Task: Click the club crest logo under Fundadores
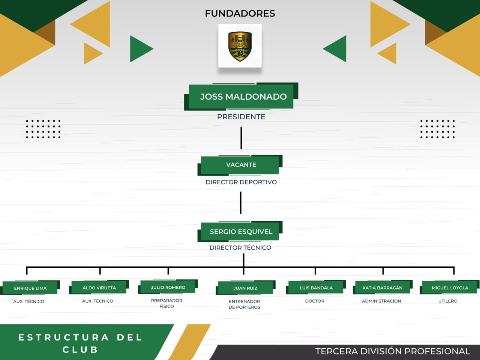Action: (x=240, y=46)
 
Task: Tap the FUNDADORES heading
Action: (x=240, y=13)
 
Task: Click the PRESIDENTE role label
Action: (x=241, y=117)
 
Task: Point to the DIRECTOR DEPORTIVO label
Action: (x=241, y=182)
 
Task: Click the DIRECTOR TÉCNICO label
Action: (x=240, y=247)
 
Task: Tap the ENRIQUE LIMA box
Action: (x=30, y=288)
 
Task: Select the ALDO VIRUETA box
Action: (x=99, y=288)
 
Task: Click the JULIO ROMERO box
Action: (x=168, y=287)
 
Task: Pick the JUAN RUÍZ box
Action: (x=245, y=288)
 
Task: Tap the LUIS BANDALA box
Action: (x=316, y=288)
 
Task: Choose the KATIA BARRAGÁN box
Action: (x=382, y=288)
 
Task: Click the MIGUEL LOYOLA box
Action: (x=450, y=288)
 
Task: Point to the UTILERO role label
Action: (x=448, y=301)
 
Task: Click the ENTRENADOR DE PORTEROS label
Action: (x=244, y=304)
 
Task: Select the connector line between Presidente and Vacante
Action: (x=241, y=138)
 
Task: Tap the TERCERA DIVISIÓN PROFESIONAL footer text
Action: (x=393, y=351)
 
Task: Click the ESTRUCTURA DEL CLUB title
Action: (x=80, y=343)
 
